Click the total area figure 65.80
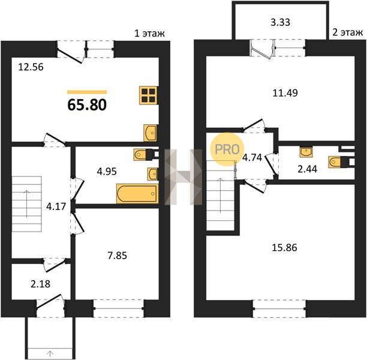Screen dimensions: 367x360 [87, 104]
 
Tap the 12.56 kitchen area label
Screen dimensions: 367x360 [31, 67]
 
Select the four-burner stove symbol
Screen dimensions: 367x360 [148, 95]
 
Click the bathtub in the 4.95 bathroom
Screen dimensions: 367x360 [137, 193]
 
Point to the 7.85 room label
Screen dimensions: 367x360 [118, 256]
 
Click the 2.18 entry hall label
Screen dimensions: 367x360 [41, 284]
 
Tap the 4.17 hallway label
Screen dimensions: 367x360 [56, 207]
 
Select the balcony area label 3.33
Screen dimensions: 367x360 [280, 22]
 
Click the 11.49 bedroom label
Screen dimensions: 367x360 [285, 93]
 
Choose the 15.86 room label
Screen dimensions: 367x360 [284, 248]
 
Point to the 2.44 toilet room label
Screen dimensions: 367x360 [307, 169]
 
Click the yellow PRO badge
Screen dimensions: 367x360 [227, 149]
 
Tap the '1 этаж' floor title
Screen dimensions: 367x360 [149, 34]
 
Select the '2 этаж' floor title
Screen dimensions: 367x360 [348, 32]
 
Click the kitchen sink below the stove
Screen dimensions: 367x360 [150, 133]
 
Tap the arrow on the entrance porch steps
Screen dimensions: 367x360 [50, 353]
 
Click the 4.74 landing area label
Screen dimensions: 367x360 [252, 158]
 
